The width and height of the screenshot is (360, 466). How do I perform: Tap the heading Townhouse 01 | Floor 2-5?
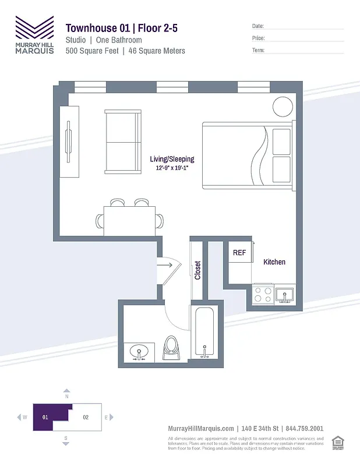(126, 28)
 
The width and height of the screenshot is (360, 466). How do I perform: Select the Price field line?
(305, 38)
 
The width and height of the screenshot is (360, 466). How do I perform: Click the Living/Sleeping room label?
(172, 159)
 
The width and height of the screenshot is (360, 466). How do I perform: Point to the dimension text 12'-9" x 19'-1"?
(172, 168)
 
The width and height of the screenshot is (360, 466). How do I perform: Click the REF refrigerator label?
(239, 253)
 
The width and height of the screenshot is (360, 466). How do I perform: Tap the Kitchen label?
(274, 262)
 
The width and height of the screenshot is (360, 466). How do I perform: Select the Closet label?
(197, 270)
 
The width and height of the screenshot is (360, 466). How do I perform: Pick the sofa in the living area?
(122, 142)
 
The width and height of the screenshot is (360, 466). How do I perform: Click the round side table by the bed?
(283, 107)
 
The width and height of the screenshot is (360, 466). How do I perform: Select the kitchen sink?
(284, 295)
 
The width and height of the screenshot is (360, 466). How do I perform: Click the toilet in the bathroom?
(172, 348)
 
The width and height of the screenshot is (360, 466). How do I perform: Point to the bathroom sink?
(139, 352)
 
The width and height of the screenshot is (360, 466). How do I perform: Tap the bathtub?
(205, 335)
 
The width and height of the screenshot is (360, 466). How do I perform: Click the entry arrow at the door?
(165, 265)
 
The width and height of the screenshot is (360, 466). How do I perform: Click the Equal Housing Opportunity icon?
(336, 443)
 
